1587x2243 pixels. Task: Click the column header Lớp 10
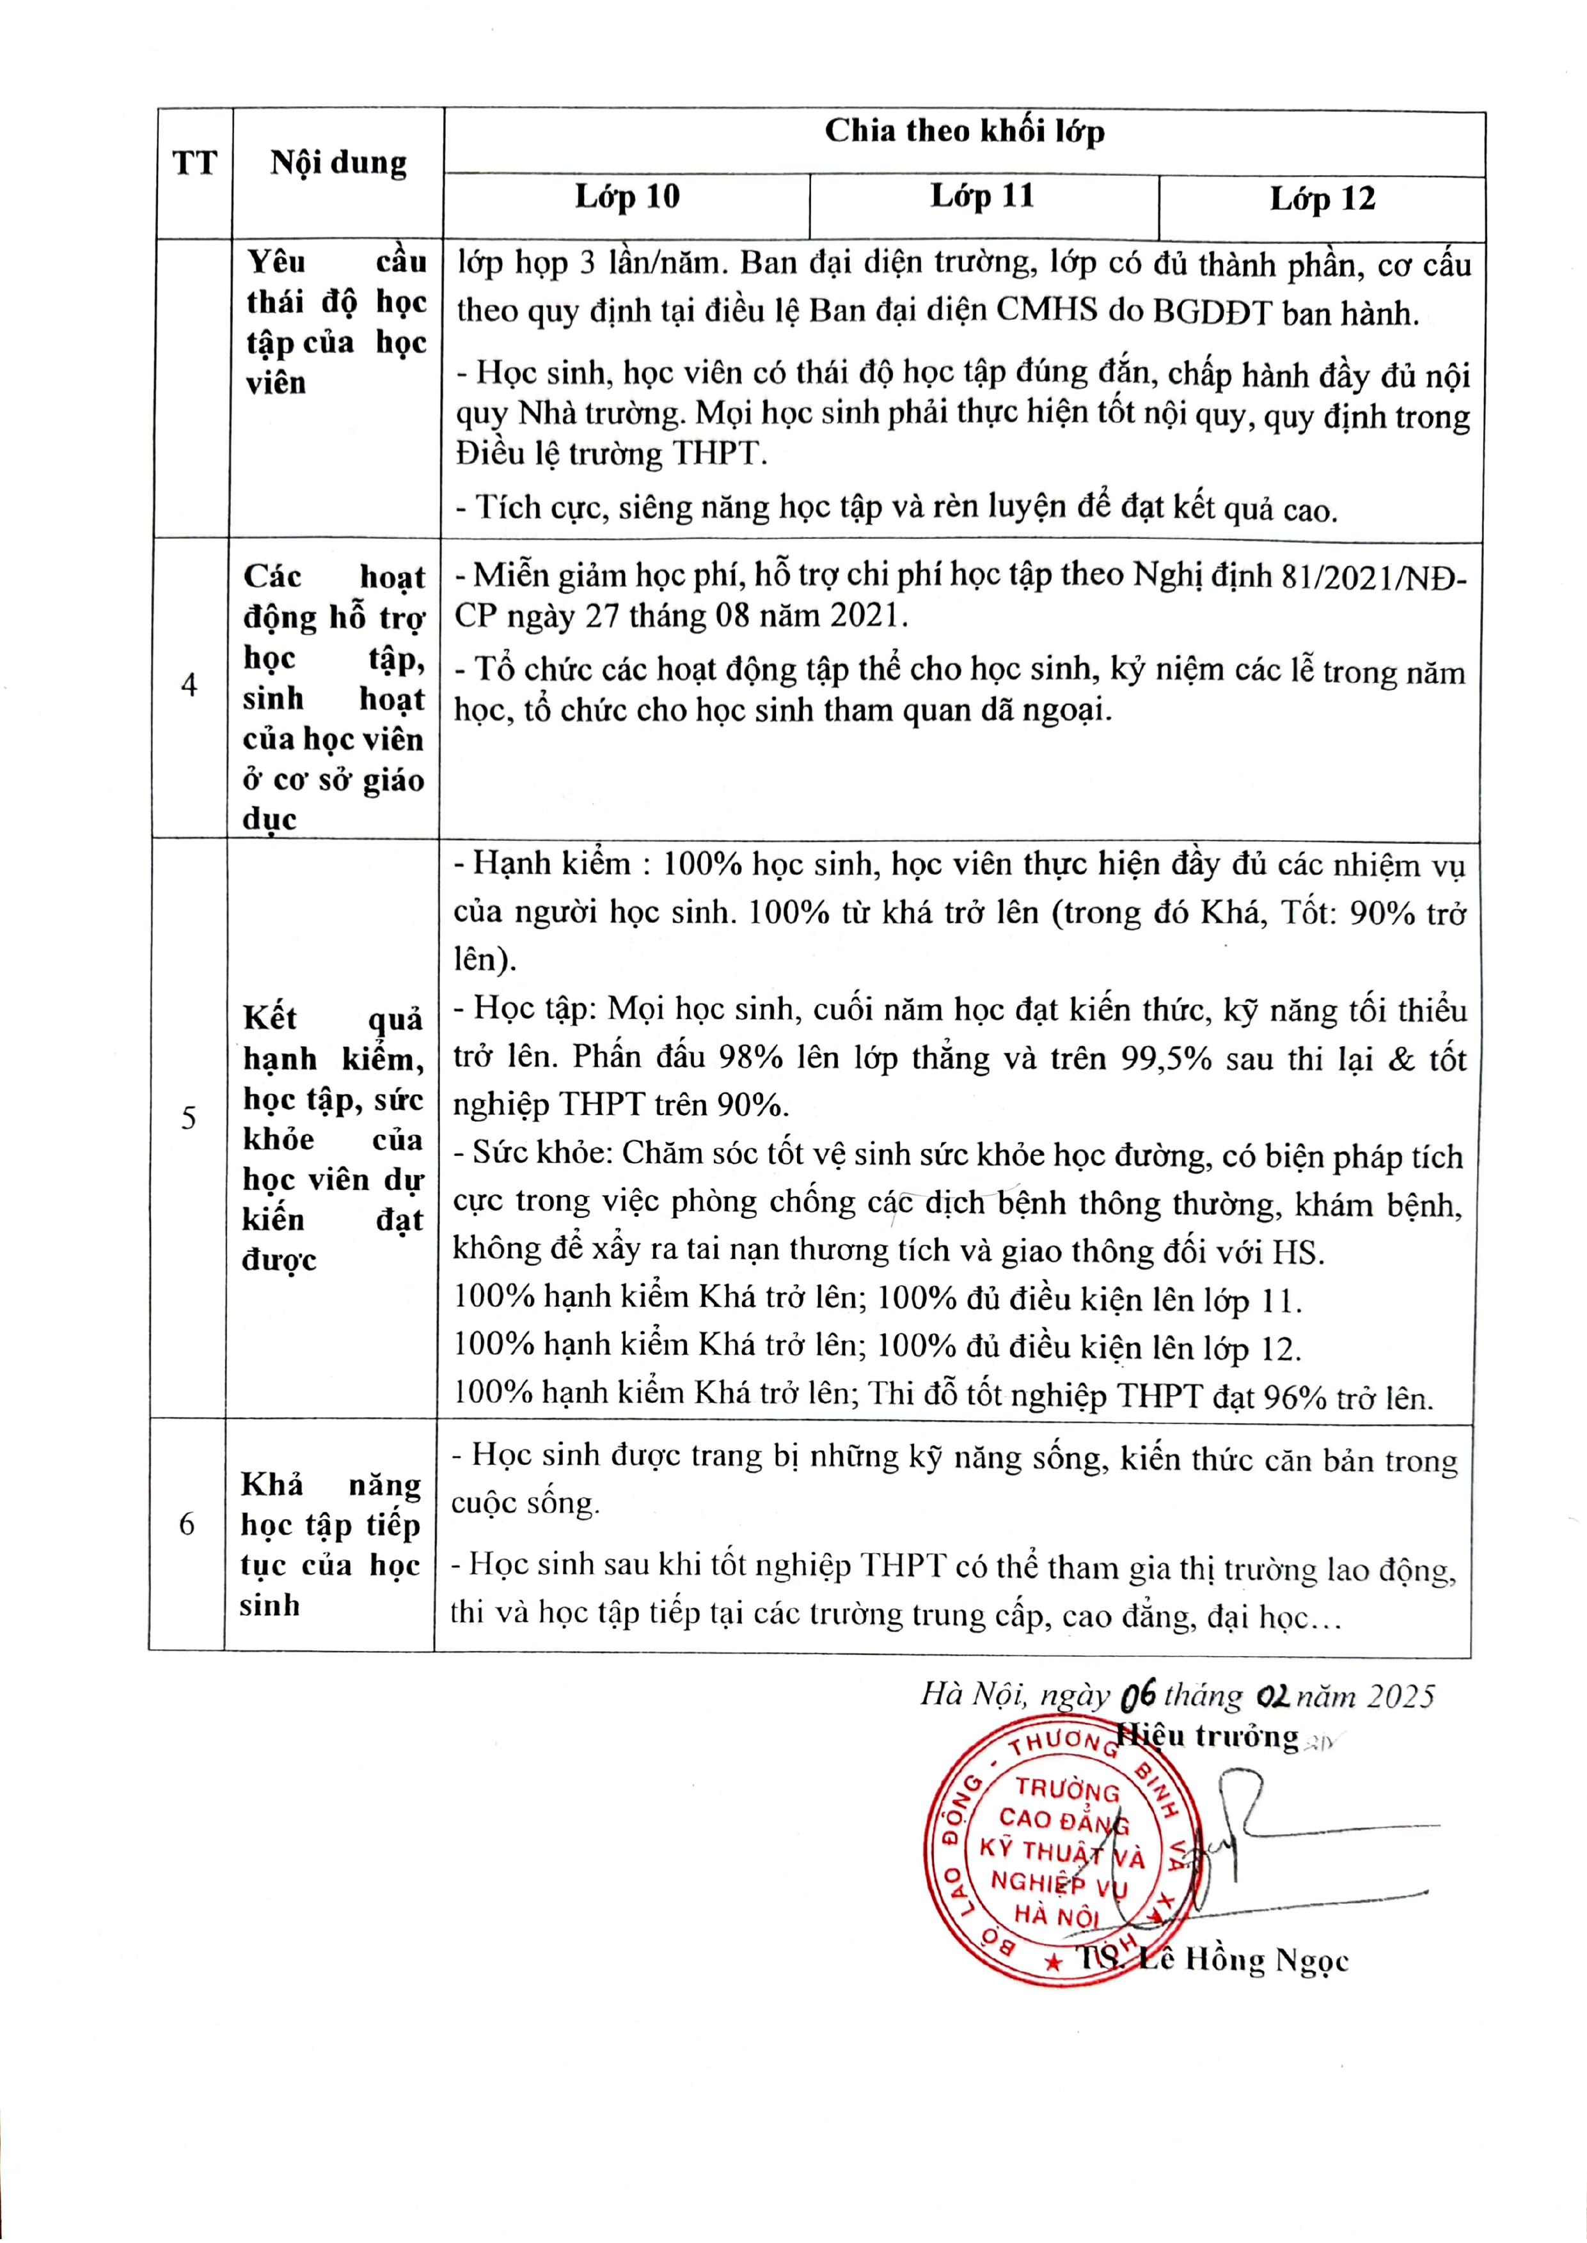coord(626,198)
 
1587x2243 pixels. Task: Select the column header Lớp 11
coord(981,196)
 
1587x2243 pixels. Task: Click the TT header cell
coord(194,162)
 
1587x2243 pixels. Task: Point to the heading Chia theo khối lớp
coord(963,131)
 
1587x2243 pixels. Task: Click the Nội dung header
coord(338,162)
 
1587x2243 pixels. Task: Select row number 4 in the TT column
coord(189,685)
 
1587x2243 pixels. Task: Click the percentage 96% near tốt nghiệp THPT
coord(1295,1398)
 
